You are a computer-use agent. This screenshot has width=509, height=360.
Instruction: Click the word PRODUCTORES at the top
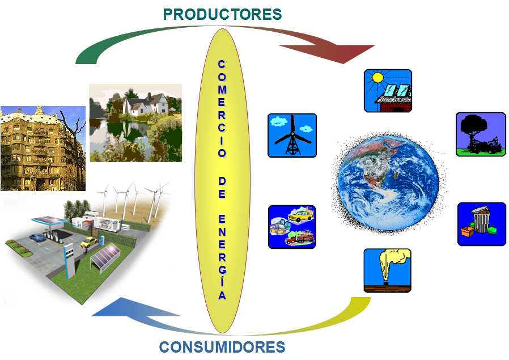pos(222,14)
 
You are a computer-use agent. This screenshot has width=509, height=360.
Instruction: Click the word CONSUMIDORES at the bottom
pos(222,347)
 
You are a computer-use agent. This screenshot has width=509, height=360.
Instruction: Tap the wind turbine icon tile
pos(292,135)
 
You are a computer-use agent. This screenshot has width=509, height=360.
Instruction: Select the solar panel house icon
pos(388,91)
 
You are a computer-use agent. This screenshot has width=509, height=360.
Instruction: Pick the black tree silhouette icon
pos(481,134)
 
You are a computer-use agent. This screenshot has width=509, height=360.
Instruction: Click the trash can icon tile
pos(482,224)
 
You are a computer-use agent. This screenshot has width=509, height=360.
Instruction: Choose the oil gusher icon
pos(387,271)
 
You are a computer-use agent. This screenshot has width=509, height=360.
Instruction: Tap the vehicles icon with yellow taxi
pos(292,227)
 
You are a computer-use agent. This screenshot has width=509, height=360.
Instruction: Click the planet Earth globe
pos(388,183)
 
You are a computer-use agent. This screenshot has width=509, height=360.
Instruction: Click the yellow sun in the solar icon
pos(378,78)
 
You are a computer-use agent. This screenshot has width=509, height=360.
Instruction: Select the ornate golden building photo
pos(43,149)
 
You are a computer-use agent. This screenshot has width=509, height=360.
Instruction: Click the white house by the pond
pos(145,104)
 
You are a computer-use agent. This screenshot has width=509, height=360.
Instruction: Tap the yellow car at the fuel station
pos(88,242)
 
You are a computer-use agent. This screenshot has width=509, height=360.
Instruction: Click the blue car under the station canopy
pos(37,238)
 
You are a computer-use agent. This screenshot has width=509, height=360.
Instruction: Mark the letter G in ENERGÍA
pos(222,270)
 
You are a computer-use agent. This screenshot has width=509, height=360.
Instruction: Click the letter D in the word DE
pos(222,181)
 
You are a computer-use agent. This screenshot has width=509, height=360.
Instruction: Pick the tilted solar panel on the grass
pos(105,258)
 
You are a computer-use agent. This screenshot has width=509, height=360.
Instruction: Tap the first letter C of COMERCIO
pos(222,64)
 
